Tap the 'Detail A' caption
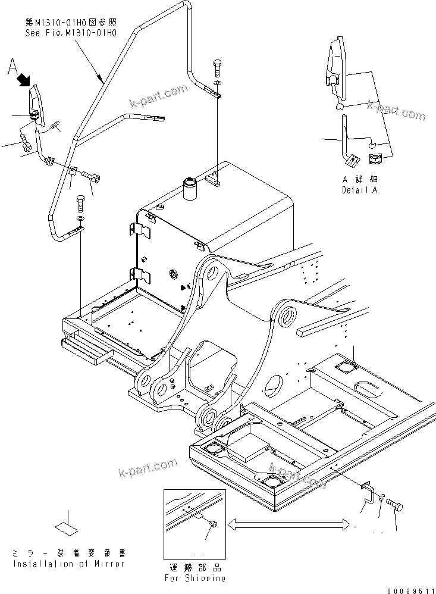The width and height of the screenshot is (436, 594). point(360,190)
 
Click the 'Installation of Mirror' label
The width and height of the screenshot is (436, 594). point(69,563)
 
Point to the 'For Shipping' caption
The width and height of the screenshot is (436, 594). point(195,577)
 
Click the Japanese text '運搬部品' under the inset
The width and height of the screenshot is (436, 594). point(195,567)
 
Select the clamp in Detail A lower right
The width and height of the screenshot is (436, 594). point(377,159)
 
